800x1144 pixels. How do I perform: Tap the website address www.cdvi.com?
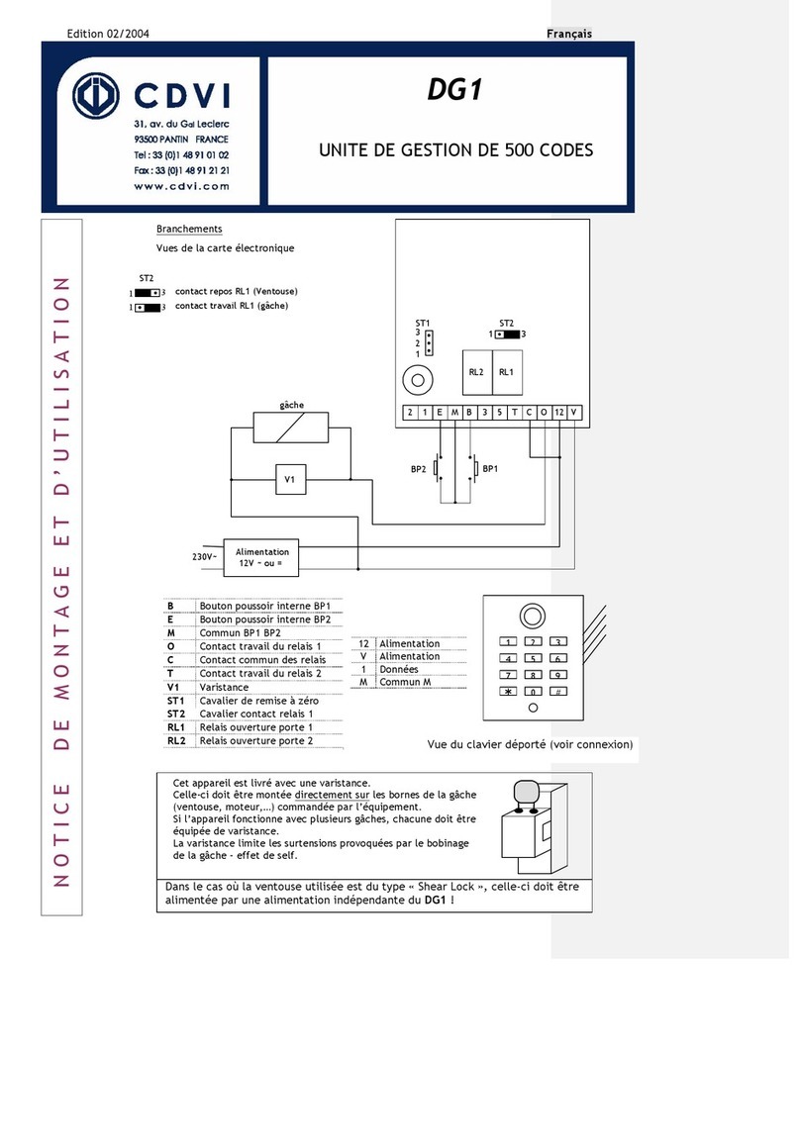181,185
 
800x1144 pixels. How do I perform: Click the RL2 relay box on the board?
475,373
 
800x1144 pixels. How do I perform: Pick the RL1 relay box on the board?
506,373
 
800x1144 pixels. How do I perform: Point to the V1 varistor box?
290,480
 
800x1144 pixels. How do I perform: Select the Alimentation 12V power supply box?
262,557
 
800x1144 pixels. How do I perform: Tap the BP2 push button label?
419,471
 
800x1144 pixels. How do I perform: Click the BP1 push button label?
489,467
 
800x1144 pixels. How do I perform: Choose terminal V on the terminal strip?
575,412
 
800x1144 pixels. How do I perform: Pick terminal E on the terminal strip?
439,412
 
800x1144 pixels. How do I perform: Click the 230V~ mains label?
205,557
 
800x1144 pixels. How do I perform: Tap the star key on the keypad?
507,692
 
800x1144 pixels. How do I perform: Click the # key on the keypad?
558,692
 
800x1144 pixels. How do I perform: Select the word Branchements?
189,229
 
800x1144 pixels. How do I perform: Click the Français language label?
569,34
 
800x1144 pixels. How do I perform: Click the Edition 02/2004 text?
108,34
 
